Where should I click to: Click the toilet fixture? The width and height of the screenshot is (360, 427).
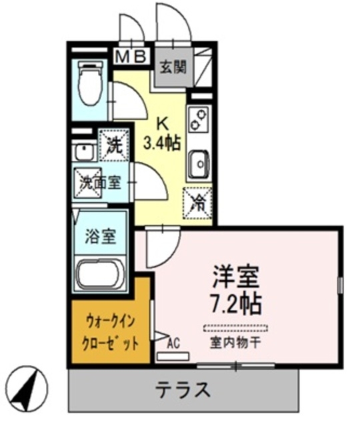point(89,85)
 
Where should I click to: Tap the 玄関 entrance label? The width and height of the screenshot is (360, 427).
point(172,65)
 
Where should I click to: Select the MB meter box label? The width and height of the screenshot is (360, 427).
point(131,57)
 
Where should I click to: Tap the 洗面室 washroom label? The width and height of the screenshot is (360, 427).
point(101,181)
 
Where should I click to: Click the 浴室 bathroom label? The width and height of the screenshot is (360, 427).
point(101,236)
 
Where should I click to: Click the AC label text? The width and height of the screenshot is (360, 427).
point(174,343)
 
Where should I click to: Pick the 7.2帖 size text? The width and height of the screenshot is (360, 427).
point(234,304)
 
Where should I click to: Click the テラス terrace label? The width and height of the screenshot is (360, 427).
point(183,389)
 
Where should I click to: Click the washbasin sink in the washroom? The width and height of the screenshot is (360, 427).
point(83,151)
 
